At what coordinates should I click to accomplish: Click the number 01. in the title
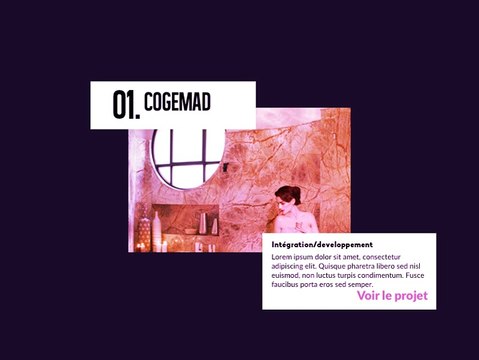126,105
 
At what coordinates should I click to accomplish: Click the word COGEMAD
177,102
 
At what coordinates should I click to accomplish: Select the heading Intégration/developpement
322,245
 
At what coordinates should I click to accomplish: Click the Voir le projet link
392,296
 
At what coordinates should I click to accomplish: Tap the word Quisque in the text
341,266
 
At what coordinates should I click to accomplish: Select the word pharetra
375,266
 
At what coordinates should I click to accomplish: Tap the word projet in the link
411,296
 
